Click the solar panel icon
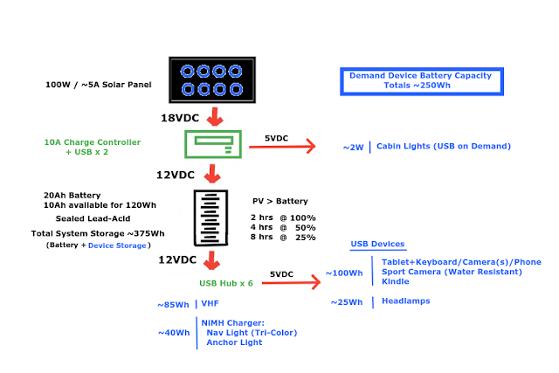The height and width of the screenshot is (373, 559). [x=211, y=82]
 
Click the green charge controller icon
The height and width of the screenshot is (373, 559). [x=211, y=144]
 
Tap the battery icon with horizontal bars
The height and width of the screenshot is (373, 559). [x=210, y=218]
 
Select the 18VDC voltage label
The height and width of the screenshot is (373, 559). [x=185, y=117]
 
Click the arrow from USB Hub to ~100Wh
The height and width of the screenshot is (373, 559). [x=292, y=282]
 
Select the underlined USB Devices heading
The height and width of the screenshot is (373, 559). [x=377, y=244]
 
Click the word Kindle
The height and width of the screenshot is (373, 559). [x=397, y=281]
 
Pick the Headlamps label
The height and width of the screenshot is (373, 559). [x=408, y=301]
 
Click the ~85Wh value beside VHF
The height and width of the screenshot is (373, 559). [x=173, y=305]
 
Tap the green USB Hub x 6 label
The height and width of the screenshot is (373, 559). [x=225, y=283]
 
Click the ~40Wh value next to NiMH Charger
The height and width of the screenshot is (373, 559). [x=173, y=333]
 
